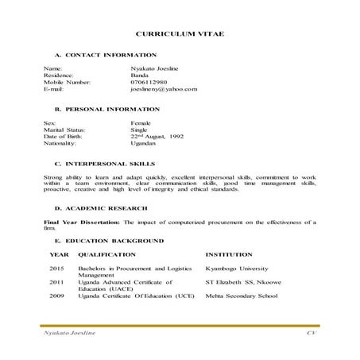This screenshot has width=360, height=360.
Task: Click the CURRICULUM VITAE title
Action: (x=180, y=36)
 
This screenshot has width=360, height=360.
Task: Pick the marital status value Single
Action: (x=140, y=130)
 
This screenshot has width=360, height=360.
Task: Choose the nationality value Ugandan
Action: (x=143, y=144)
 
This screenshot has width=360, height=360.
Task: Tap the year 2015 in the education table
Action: (x=56, y=269)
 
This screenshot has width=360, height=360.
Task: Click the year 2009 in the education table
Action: (x=56, y=295)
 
